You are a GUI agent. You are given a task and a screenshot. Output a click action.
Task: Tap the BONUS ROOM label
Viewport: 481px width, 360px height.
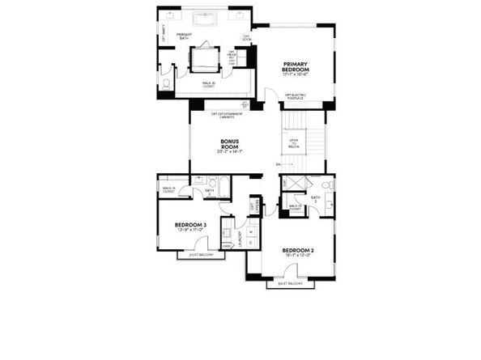[230, 142]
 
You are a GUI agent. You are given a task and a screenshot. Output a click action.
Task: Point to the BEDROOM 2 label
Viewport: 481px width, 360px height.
[298, 251]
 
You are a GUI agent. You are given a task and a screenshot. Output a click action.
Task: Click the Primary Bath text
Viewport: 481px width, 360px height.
[185, 36]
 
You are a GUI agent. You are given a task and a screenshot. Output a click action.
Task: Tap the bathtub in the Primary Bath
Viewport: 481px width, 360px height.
[203, 22]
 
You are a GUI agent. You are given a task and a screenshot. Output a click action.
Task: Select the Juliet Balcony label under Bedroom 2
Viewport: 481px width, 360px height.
[290, 284]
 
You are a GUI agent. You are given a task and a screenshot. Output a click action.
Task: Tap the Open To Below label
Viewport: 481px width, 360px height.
[295, 142]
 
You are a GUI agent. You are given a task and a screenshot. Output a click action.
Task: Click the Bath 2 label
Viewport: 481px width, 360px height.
[316, 198]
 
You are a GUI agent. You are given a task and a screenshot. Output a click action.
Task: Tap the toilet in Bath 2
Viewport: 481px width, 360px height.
[332, 185]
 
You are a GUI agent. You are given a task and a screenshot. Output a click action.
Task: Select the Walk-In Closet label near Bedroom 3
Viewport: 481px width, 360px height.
[169, 190]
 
